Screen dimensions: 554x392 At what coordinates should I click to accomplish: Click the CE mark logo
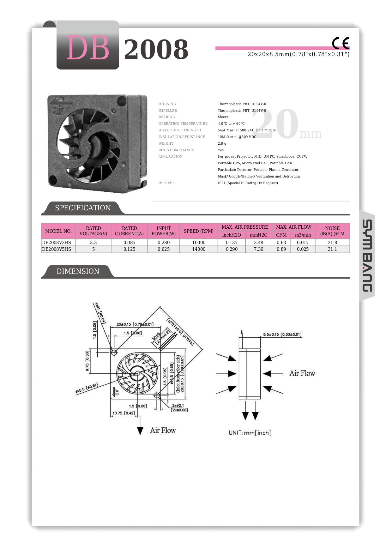[x=341, y=43]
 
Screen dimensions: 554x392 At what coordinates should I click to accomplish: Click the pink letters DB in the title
[x=87, y=48]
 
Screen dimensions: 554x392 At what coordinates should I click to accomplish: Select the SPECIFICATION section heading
[x=83, y=208]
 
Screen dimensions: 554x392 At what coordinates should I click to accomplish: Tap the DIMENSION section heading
[x=78, y=271]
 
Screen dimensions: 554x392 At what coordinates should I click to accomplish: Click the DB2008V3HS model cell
[x=57, y=243]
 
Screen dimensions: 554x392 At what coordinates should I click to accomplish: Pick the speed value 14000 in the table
[x=199, y=249]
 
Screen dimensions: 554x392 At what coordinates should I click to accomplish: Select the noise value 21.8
[x=332, y=243]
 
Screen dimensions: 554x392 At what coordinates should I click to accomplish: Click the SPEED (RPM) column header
[x=199, y=231]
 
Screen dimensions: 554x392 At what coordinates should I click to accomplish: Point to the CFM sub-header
[x=281, y=235]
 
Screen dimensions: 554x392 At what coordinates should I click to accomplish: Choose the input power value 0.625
[x=164, y=249]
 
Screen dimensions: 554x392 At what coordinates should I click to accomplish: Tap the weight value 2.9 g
[x=222, y=143]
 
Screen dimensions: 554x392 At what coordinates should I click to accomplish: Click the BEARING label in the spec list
[x=167, y=117]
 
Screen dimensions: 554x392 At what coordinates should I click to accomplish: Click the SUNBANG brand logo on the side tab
[x=367, y=256]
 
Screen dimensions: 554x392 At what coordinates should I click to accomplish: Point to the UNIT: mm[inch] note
[x=250, y=433]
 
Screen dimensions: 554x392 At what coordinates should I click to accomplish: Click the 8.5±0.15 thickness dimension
[x=282, y=334]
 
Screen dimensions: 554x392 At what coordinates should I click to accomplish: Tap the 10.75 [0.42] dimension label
[x=124, y=413]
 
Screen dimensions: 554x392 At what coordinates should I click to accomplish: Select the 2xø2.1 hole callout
[x=178, y=406]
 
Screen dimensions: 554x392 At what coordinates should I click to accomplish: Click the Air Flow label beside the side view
[x=302, y=373]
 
